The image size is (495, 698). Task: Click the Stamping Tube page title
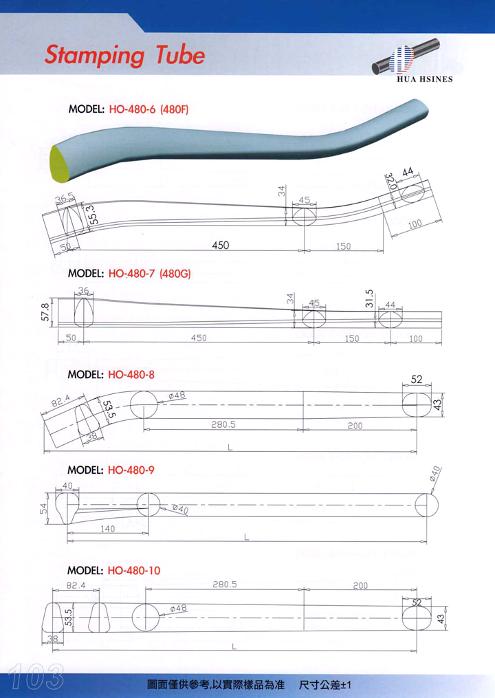pyautogui.click(x=124, y=56)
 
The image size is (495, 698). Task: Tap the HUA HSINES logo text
pyautogui.click(x=425, y=79)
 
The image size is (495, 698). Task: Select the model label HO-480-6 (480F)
pyautogui.click(x=129, y=109)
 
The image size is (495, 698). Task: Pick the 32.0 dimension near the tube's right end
pyautogui.click(x=390, y=182)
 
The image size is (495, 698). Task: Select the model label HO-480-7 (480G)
pyautogui.click(x=129, y=273)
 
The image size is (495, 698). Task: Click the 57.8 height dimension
pyautogui.click(x=45, y=312)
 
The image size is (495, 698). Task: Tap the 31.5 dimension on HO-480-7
pyautogui.click(x=369, y=298)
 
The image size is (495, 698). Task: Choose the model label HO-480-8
pyautogui.click(x=111, y=375)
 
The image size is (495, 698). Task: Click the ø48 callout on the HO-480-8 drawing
pyautogui.click(x=177, y=395)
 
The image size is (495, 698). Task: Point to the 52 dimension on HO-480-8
pyautogui.click(x=417, y=380)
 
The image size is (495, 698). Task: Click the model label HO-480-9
pyautogui.click(x=111, y=470)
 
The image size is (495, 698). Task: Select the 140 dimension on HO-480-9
pyautogui.click(x=108, y=528)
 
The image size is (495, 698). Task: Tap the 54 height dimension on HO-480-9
pyautogui.click(x=43, y=508)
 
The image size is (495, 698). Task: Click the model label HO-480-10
pyautogui.click(x=114, y=571)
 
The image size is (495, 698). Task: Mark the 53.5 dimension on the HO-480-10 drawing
pyautogui.click(x=69, y=618)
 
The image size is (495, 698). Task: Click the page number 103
pyautogui.click(x=36, y=677)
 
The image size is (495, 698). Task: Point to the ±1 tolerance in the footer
pyautogui.click(x=345, y=684)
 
